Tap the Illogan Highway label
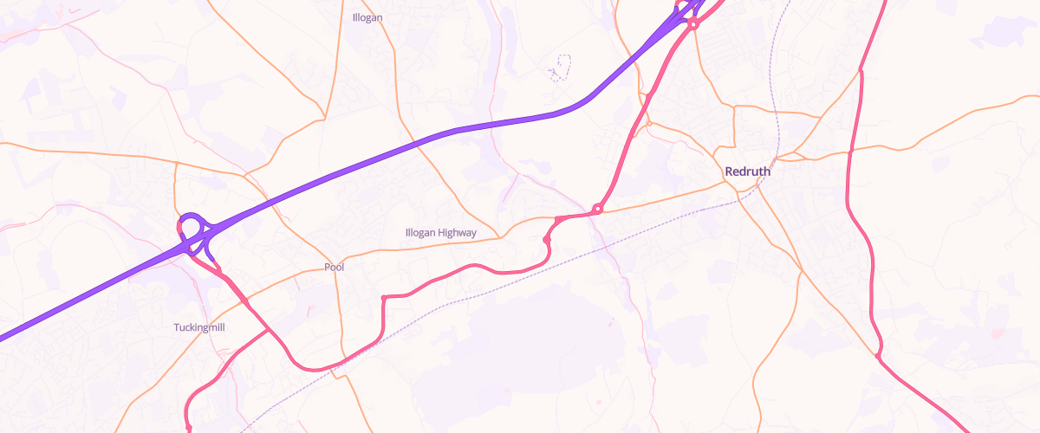click(440, 233)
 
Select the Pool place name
click(334, 268)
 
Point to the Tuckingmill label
click(200, 327)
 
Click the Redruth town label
click(747, 171)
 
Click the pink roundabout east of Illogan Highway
click(598, 209)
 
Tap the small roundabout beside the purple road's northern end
click(693, 25)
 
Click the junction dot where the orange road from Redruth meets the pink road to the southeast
click(878, 355)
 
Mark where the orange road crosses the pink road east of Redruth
click(850, 152)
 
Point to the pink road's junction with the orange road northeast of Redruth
click(861, 70)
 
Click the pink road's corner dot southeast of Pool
click(383, 297)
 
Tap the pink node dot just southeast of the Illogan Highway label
click(546, 239)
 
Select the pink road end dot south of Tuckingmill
click(188, 428)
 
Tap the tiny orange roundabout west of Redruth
click(649, 123)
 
